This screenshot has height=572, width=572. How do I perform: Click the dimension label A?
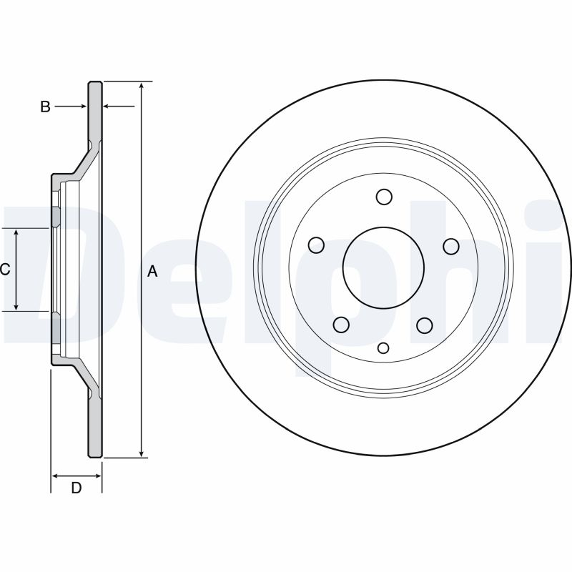(152, 271)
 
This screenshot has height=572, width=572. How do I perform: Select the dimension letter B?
(45, 107)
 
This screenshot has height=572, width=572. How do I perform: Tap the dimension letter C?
(4, 270)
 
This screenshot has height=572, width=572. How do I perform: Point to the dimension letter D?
(76, 488)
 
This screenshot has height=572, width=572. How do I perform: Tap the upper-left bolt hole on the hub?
(317, 246)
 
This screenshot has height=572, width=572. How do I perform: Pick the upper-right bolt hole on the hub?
(450, 246)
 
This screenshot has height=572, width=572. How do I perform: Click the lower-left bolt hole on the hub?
(342, 325)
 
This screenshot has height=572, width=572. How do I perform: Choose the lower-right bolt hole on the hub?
(425, 325)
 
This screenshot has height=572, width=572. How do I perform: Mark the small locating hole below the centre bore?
(383, 348)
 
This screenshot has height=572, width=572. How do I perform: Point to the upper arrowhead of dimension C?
(17, 232)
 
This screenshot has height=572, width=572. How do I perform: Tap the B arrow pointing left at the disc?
(108, 107)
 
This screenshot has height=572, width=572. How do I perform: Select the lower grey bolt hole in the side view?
(54, 327)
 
